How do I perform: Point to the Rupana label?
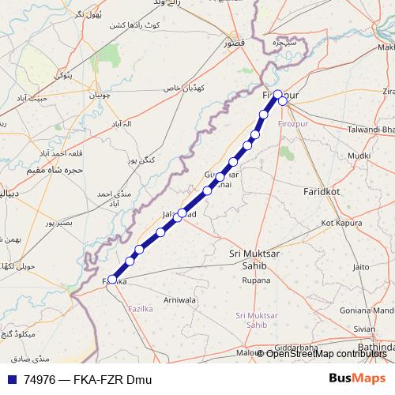point(256,280)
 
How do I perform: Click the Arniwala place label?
point(179,300)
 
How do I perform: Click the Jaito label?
point(360,267)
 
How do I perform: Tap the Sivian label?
point(364,329)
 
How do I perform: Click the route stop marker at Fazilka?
point(112,279)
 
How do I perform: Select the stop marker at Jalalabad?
point(182,213)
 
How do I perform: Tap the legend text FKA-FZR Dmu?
point(111,380)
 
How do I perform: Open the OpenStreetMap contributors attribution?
point(325,353)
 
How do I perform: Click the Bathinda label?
point(374,347)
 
